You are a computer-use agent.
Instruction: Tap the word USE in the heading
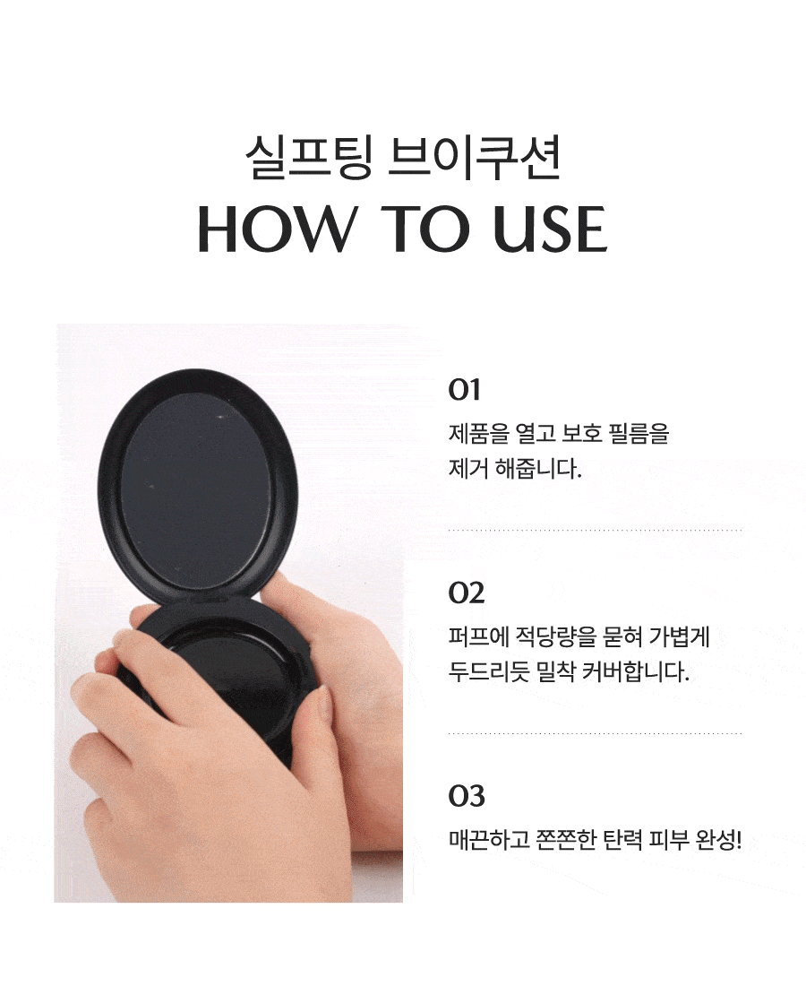550,229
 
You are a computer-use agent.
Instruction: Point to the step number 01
464,389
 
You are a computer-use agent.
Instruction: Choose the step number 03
466,795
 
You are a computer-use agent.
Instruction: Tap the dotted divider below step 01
595,530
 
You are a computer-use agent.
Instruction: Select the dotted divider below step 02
595,733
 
